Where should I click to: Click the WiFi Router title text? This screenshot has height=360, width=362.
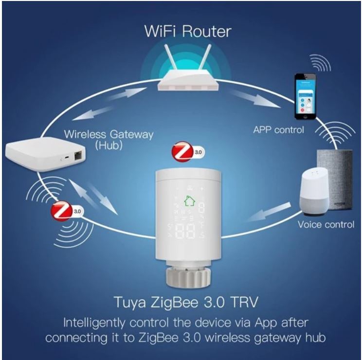point(188,32)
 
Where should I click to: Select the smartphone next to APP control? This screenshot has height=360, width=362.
point(305,96)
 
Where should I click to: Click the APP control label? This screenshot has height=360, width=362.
point(278,130)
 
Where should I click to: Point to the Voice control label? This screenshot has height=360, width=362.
point(326,224)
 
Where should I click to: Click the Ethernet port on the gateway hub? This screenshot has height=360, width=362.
point(77,157)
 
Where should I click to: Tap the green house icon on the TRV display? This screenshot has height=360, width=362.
point(190,201)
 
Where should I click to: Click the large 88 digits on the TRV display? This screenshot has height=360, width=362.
point(185,232)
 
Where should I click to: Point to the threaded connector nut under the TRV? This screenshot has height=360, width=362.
point(189,277)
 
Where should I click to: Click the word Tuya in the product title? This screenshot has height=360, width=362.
point(130,303)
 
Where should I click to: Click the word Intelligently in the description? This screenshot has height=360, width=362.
point(94,324)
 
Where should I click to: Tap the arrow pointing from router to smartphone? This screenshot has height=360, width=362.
point(255,98)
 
